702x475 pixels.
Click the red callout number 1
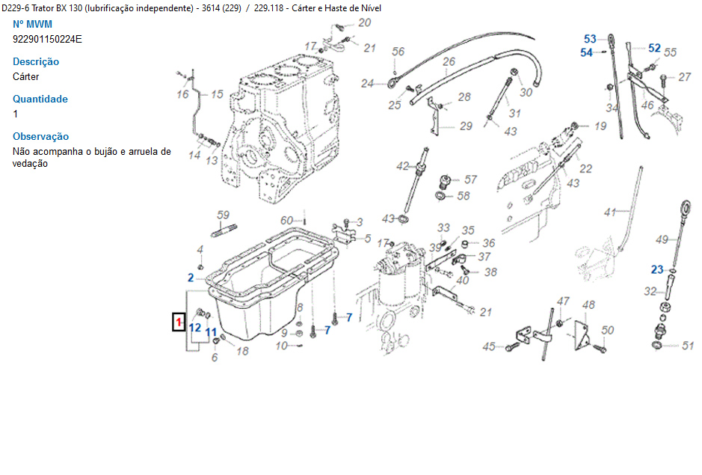(179, 322)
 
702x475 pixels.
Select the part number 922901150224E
(47, 39)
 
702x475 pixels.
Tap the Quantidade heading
(40, 99)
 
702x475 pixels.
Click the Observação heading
(41, 136)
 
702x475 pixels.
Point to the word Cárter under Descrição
(26, 76)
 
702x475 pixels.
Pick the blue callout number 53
(590, 39)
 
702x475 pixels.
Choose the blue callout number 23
(656, 269)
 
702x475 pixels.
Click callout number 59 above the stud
(223, 215)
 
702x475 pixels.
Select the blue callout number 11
(211, 331)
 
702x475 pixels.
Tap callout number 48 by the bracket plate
(589, 304)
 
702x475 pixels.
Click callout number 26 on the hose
(449, 62)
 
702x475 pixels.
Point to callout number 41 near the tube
(611, 212)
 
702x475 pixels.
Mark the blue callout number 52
(654, 48)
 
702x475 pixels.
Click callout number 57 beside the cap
(470, 180)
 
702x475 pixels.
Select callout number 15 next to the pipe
(217, 94)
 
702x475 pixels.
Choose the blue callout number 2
(191, 278)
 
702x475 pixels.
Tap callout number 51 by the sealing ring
(689, 346)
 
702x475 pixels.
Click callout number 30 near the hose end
(526, 92)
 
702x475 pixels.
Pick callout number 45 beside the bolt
(489, 346)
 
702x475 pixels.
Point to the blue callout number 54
(586, 52)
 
